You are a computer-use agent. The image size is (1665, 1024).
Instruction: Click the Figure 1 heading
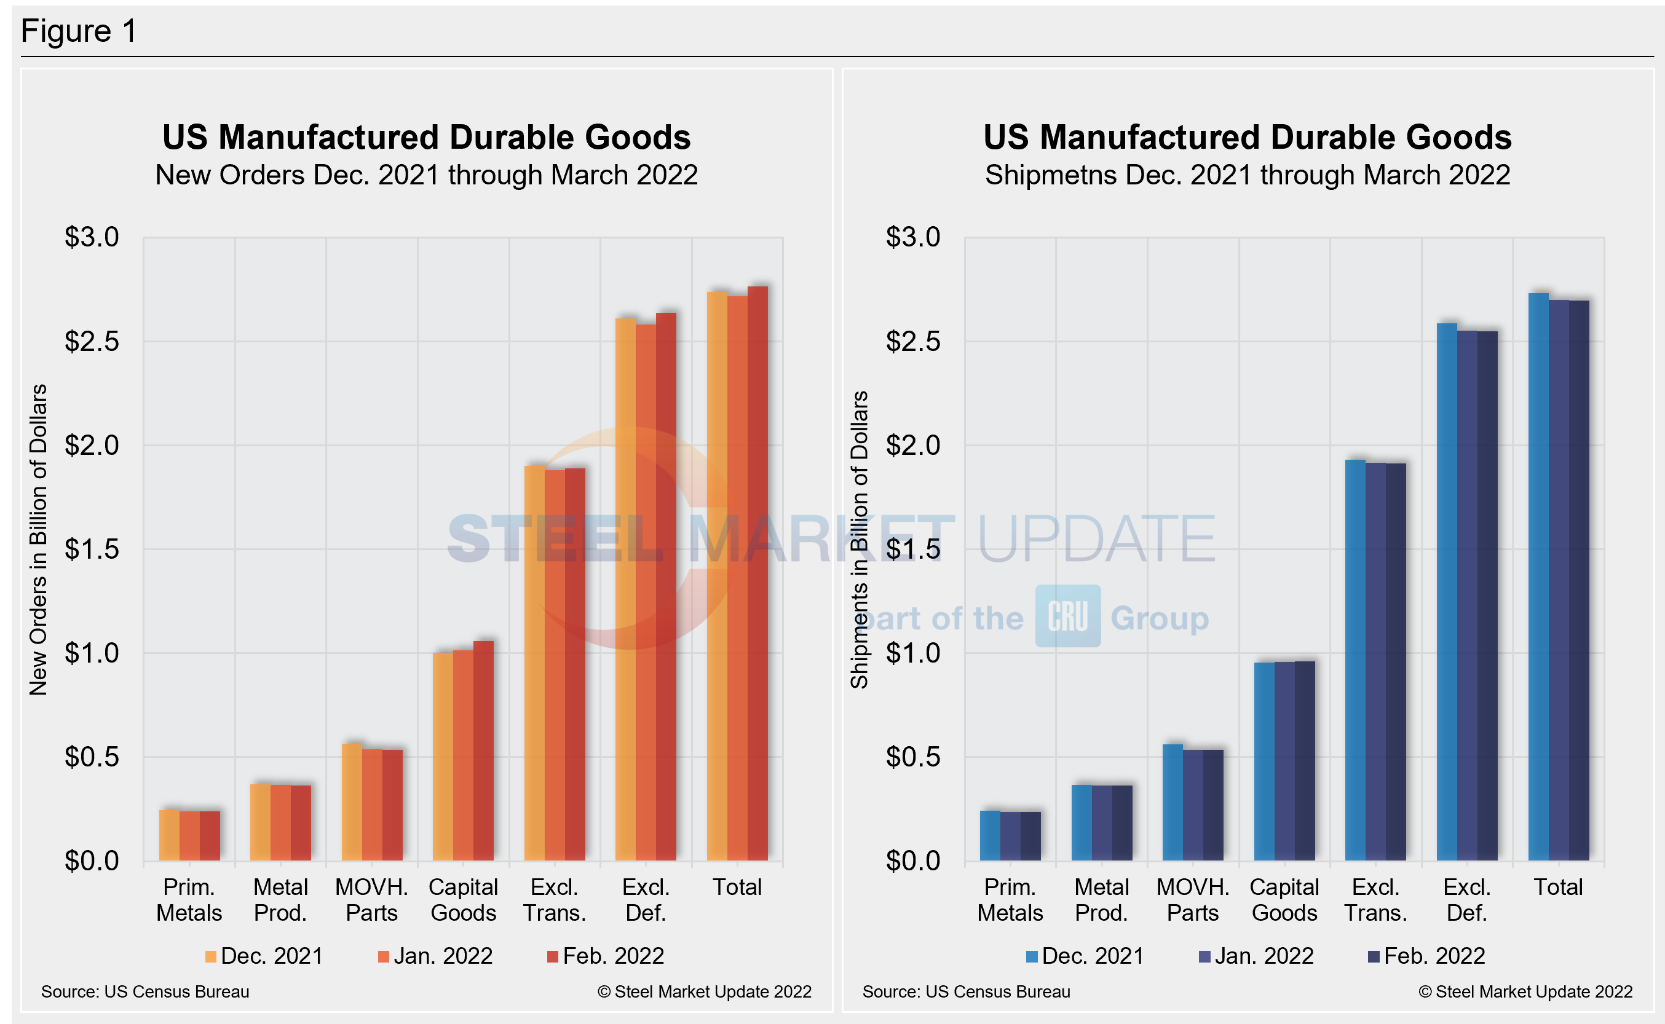coord(79,31)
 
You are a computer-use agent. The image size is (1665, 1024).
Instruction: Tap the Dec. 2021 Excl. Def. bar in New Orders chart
coord(625,589)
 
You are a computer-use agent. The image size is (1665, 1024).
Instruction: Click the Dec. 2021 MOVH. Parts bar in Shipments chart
coord(1173,803)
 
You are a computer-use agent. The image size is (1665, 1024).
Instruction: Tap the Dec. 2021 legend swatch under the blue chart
coord(1032,956)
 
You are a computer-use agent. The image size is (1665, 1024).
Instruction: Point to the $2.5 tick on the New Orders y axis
coord(92,341)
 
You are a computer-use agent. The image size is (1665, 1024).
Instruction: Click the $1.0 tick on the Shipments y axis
coord(912,653)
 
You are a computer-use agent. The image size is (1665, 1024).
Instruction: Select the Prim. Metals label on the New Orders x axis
coord(189,899)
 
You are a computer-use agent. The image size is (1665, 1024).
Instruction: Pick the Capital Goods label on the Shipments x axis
coord(1284,899)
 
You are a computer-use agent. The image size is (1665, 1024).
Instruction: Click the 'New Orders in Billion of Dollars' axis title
coord(38,540)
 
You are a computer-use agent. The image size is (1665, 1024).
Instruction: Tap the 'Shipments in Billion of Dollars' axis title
coord(859,540)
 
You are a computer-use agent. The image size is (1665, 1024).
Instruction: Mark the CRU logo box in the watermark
coord(1067,616)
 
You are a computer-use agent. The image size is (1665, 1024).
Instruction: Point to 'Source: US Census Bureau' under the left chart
coord(145,991)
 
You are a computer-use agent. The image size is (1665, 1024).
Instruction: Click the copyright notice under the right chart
coord(1525,991)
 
